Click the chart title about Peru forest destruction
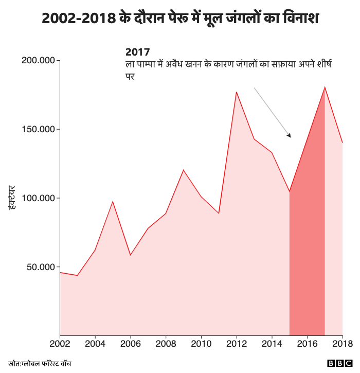[x=180, y=18]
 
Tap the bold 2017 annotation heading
[x=138, y=52]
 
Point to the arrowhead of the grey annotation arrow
[x=290, y=136]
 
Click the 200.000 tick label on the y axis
[x=39, y=61]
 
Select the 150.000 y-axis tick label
[x=39, y=129]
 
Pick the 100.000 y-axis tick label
[x=39, y=198]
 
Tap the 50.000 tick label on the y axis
[x=41, y=267]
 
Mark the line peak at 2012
[x=236, y=92]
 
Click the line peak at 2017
[x=325, y=87]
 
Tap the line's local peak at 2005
[x=113, y=201]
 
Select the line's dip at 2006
[x=131, y=255]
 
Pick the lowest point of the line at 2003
[x=78, y=275]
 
